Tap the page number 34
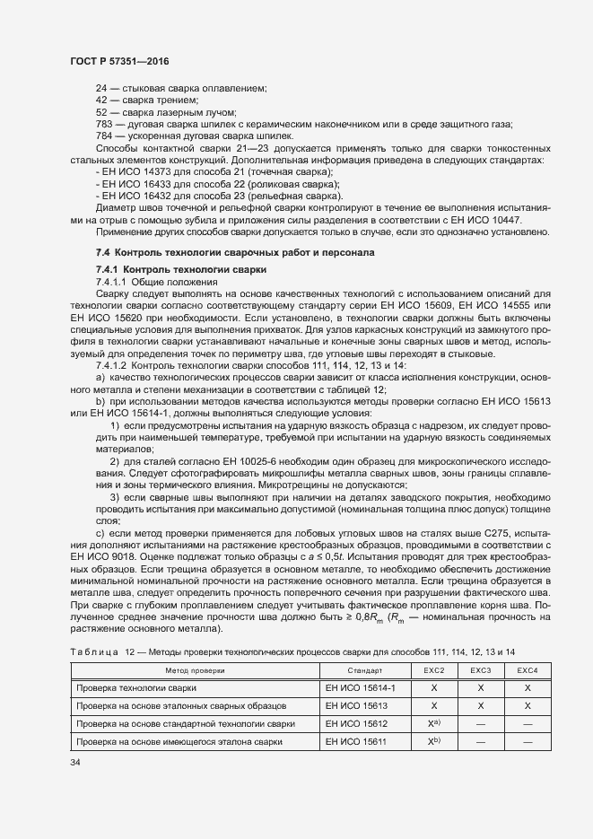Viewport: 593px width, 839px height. coord(75,762)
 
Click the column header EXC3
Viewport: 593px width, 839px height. coord(481,670)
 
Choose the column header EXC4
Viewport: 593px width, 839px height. coord(528,670)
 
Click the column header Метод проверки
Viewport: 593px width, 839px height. coord(195,670)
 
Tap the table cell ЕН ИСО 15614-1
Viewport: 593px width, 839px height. coord(356,687)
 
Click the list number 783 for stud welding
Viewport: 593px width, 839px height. coord(104,124)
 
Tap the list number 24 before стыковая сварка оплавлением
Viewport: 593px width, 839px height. coord(101,88)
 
